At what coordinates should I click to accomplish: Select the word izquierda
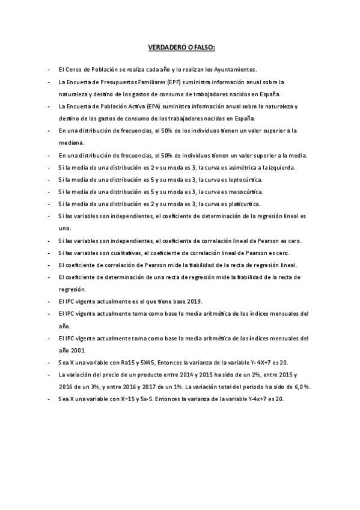[280, 167]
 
